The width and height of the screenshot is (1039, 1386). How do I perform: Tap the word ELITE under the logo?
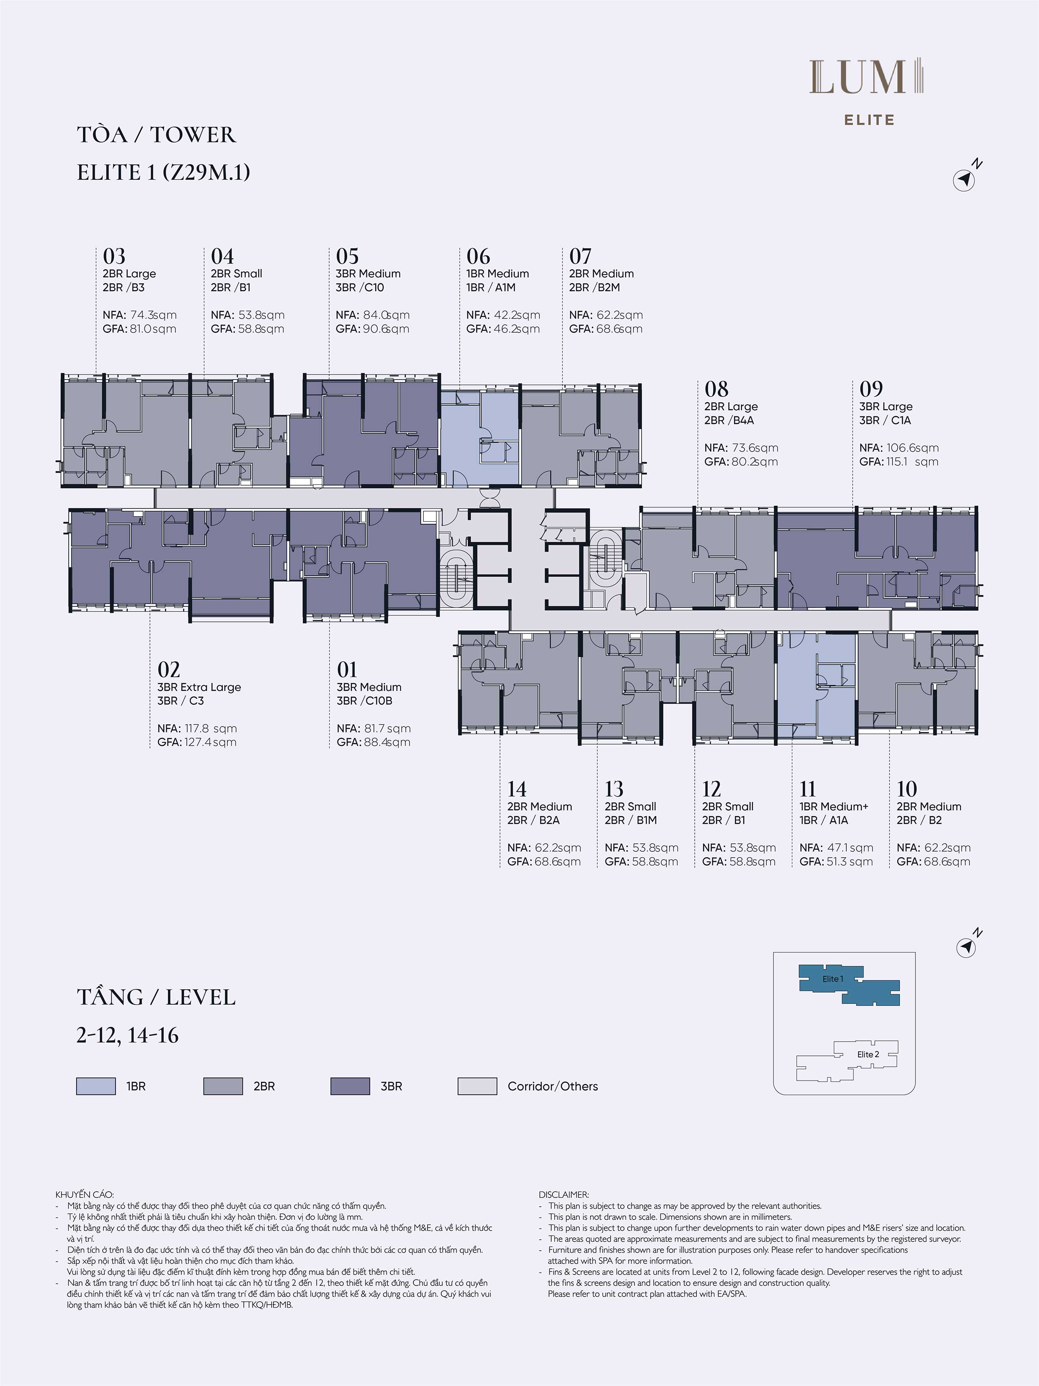tap(869, 120)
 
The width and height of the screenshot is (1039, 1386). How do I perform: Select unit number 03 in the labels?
tap(114, 256)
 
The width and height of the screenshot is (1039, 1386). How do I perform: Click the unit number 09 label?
tap(871, 389)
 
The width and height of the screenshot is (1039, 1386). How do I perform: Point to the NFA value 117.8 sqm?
tap(210, 728)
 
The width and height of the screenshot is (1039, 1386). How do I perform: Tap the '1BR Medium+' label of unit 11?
tap(833, 807)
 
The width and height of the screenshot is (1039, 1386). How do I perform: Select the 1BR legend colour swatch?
tap(96, 1086)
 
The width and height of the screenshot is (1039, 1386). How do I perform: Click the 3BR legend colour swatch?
tap(350, 1086)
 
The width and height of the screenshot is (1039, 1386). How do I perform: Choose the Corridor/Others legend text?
tap(552, 1086)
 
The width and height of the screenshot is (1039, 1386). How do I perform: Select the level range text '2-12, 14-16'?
tap(128, 1035)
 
